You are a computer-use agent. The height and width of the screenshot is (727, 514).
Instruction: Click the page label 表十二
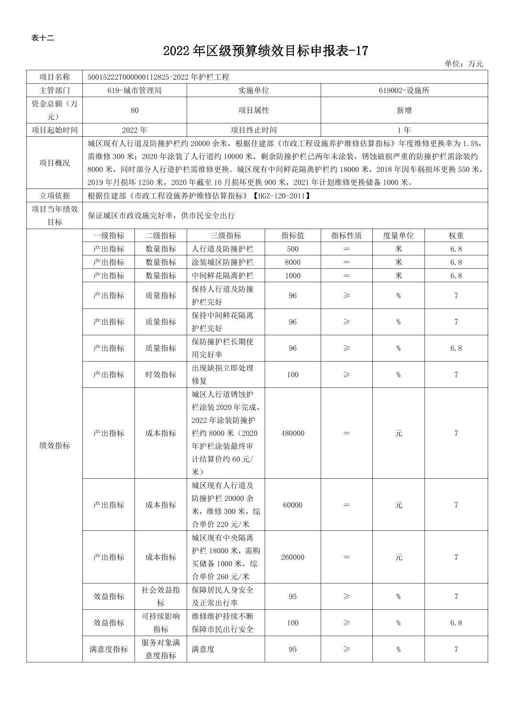pyautogui.click(x=43, y=38)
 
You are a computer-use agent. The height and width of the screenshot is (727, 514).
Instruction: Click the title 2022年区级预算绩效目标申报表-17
pyautogui.click(x=265, y=51)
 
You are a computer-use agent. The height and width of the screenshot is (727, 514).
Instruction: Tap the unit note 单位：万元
pyautogui.click(x=463, y=64)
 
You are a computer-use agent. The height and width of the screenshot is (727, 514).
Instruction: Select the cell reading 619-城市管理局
pyautogui.click(x=134, y=90)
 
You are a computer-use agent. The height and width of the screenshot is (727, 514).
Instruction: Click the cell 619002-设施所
pyautogui.click(x=404, y=90)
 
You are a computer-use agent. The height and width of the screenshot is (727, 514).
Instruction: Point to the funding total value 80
pyautogui.click(x=134, y=110)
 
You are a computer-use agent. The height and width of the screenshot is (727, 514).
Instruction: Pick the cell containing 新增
pyautogui.click(x=404, y=110)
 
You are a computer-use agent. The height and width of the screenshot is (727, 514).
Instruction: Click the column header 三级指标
pyautogui.click(x=225, y=236)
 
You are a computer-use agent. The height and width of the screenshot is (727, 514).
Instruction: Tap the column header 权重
pyautogui.click(x=456, y=236)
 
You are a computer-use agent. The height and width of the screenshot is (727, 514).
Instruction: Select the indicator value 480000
pyautogui.click(x=292, y=433)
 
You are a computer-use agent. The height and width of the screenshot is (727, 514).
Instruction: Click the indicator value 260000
pyautogui.click(x=292, y=557)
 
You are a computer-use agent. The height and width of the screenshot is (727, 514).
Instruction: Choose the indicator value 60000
pyautogui.click(x=292, y=505)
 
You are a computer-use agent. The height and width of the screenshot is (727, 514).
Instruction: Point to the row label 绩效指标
pyautogui.click(x=55, y=445)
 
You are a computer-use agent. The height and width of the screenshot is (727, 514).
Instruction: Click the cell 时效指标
pyautogui.click(x=160, y=375)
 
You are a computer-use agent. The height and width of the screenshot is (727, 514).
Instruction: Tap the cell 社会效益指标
pyautogui.click(x=160, y=596)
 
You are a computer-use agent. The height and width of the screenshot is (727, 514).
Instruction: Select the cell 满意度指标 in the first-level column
pyautogui.click(x=108, y=649)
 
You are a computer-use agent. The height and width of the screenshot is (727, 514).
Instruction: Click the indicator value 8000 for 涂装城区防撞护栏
pyautogui.click(x=292, y=263)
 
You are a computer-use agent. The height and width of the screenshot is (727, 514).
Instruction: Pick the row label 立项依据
pyautogui.click(x=55, y=196)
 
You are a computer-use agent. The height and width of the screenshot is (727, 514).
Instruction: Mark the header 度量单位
pyautogui.click(x=398, y=236)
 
